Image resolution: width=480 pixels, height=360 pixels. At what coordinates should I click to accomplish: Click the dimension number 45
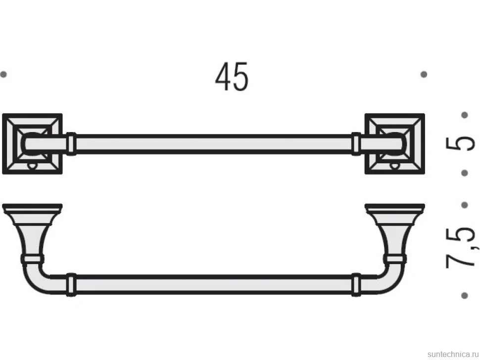(232, 77)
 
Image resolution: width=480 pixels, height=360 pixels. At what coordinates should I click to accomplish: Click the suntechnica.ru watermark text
(453, 354)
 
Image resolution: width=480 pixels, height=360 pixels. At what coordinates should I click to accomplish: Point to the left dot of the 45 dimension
(3, 74)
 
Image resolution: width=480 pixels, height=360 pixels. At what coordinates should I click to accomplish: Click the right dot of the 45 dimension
(424, 74)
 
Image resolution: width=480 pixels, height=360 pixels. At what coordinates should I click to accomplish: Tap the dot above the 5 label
(464, 115)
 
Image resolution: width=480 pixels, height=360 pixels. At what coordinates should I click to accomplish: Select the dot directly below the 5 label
(464, 173)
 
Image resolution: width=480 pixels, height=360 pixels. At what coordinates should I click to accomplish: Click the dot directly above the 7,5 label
(464, 205)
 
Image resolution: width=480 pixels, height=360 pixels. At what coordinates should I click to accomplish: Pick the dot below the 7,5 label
(464, 295)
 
